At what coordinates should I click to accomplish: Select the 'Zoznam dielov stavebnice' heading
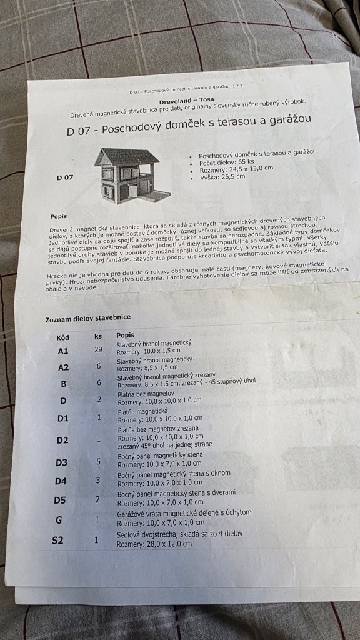88,318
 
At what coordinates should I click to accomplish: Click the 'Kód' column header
62,337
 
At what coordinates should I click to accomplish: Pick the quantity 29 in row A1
98,349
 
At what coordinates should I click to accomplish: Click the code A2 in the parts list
63,367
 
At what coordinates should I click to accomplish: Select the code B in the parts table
64,384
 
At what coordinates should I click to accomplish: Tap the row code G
59,520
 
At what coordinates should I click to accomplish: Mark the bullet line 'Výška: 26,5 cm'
222,177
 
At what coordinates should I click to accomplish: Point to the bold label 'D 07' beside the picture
64,177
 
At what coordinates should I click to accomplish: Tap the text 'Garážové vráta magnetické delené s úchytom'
184,512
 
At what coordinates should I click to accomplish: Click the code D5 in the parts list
59,500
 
